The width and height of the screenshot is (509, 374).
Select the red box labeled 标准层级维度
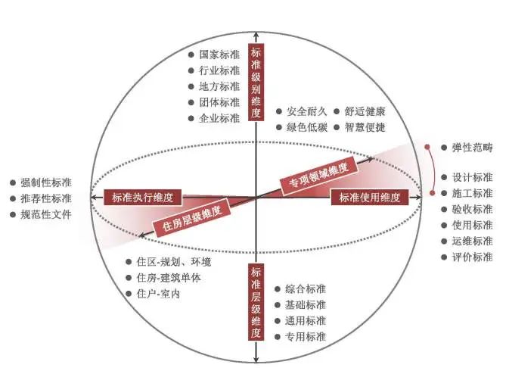pos(256,302)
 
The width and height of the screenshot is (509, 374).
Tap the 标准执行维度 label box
pos(142,198)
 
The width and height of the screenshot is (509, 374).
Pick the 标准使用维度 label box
pos(369,198)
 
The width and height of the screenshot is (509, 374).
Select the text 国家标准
pos(219,55)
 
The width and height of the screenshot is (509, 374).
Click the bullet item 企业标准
pos(219,118)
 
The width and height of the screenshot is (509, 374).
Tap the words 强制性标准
pos(46,182)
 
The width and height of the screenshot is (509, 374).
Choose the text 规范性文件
pos(46,214)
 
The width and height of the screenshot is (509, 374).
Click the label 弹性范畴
pos(472,147)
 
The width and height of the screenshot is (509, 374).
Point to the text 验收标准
pos(472,209)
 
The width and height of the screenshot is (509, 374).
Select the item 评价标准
pos(472,257)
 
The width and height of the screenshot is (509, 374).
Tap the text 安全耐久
pos(306,111)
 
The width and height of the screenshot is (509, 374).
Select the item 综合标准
pos(306,288)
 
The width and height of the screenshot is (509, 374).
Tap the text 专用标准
pos(306,336)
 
